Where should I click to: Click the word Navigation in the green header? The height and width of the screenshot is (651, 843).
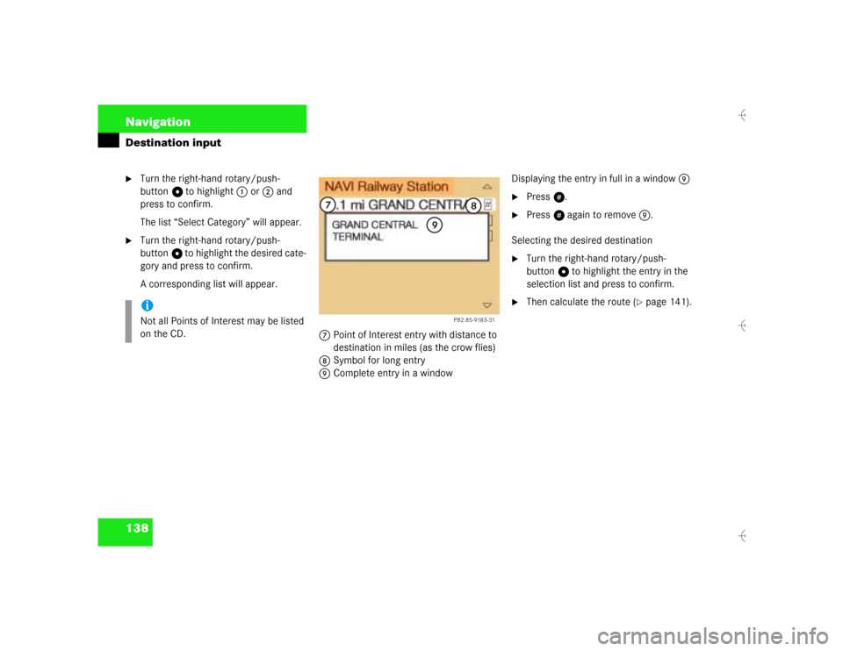(157, 122)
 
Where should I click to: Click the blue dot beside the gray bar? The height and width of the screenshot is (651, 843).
(147, 305)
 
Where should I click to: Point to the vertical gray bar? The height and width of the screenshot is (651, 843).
(128, 321)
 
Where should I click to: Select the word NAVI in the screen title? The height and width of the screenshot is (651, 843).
(339, 186)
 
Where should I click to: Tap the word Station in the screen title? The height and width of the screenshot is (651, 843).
(428, 186)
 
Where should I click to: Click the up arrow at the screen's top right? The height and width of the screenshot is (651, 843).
(486, 187)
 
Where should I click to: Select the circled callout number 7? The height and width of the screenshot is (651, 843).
(328, 205)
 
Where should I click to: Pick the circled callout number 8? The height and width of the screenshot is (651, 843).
(472, 206)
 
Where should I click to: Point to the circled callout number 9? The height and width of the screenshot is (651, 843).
(435, 225)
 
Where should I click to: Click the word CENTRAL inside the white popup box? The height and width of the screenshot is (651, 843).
(394, 225)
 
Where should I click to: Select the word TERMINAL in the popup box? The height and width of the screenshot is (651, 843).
(357, 237)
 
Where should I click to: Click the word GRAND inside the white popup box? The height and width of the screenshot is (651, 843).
(349, 225)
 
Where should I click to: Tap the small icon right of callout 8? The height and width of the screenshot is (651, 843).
(489, 204)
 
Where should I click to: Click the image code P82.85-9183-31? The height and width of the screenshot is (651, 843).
(474, 320)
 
